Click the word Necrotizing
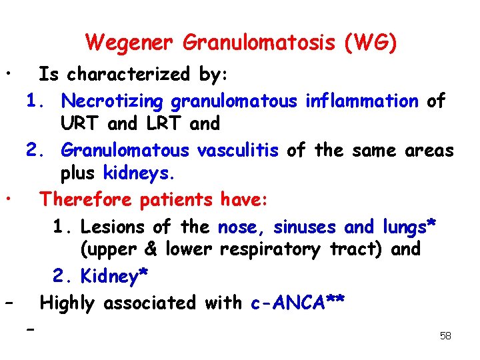[111, 101]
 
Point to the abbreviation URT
[81, 124]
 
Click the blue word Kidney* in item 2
[114, 275]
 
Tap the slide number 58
[445, 336]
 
